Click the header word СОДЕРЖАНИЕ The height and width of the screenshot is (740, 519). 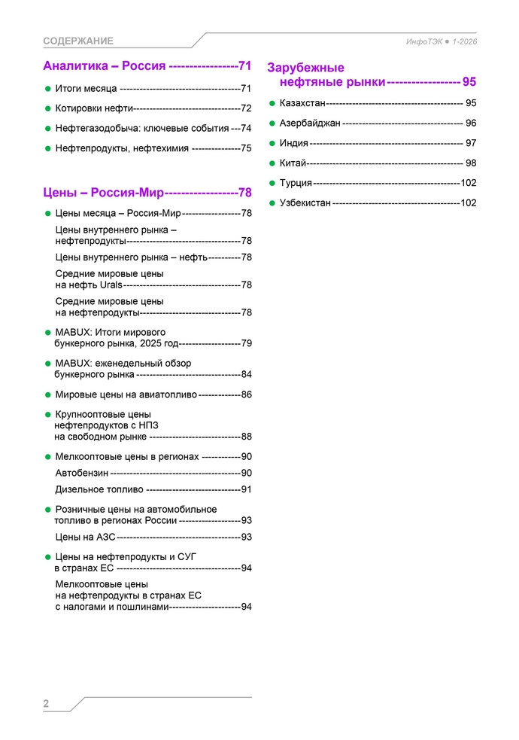78,41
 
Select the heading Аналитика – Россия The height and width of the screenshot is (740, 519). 105,65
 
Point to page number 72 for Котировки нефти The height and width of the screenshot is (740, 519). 246,108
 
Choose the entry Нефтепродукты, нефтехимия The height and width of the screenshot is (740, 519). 122,148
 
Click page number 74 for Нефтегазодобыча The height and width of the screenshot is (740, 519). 246,129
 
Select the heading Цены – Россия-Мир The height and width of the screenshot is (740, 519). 104,192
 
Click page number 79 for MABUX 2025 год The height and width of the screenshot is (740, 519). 246,343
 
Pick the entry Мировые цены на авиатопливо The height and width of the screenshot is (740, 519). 126,394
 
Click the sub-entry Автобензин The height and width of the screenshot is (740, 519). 82,473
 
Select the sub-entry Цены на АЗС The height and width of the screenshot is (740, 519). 85,537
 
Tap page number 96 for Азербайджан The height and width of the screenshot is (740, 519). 471,123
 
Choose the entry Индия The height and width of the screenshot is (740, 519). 293,143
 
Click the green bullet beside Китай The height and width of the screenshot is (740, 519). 272,163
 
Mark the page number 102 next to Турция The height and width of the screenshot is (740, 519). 469,183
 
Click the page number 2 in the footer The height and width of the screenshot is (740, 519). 46,704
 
